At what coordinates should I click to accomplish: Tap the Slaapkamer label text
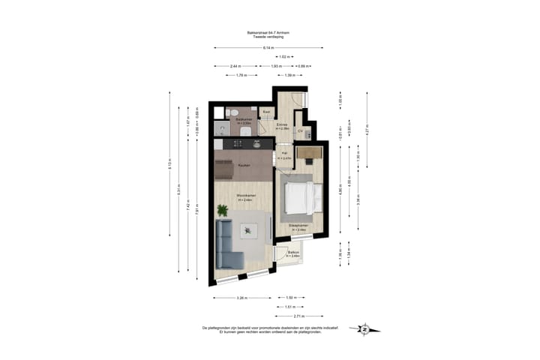(x=298, y=225)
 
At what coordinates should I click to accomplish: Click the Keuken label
(x=244, y=165)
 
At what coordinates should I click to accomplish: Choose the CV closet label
(x=300, y=130)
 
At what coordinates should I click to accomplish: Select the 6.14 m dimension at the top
(x=268, y=48)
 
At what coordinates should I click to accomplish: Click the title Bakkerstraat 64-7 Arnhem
(x=268, y=32)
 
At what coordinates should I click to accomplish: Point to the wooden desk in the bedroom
(x=308, y=153)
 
